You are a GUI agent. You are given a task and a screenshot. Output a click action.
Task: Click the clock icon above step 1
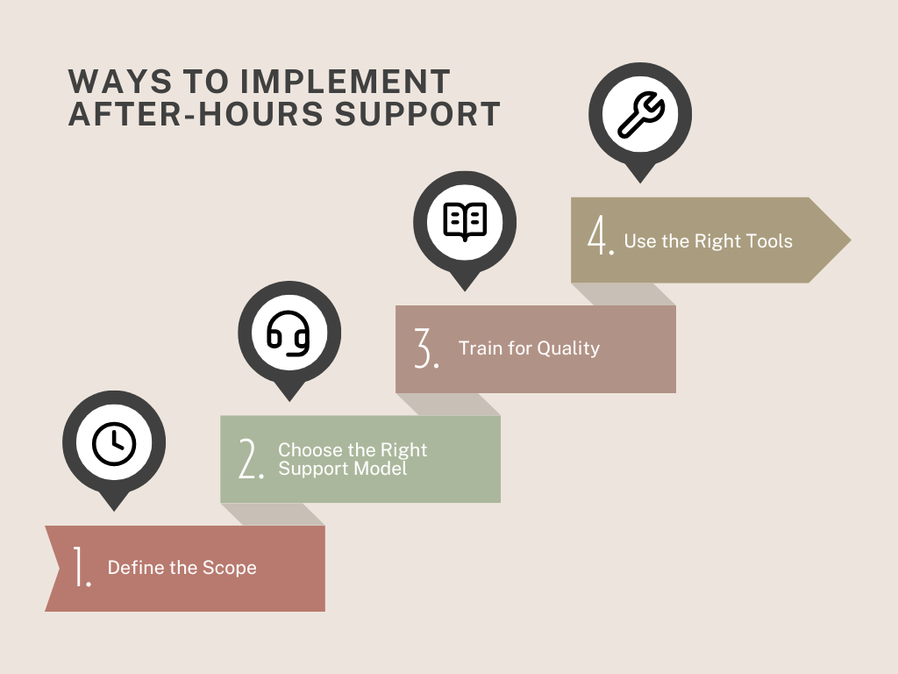[114, 443]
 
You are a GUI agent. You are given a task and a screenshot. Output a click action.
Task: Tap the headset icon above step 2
[289, 333]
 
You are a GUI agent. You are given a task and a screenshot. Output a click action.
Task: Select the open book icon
[465, 221]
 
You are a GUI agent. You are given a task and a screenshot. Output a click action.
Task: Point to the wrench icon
[641, 114]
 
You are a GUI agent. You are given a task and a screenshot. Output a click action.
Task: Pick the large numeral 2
[251, 458]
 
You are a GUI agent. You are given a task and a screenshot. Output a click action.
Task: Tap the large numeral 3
[426, 348]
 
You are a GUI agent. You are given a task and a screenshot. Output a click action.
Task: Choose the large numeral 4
[601, 235]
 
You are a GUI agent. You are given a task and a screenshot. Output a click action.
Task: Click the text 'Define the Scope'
[182, 568]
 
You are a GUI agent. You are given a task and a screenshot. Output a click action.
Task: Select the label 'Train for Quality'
[529, 348]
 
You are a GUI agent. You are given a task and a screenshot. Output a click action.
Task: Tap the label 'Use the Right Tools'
[709, 241]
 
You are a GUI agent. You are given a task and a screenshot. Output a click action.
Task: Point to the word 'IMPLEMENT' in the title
[346, 82]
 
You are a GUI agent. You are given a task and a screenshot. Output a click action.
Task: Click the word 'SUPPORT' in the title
[417, 113]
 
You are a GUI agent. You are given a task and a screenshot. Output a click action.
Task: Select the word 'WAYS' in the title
[119, 82]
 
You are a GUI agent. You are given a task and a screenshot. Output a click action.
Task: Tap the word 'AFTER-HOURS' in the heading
[196, 113]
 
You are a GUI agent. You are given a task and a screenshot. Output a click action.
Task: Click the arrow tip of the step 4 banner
[850, 240]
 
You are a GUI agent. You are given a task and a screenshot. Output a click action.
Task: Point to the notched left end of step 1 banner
[60, 569]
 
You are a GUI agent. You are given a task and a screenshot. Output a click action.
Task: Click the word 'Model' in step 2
[381, 469]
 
